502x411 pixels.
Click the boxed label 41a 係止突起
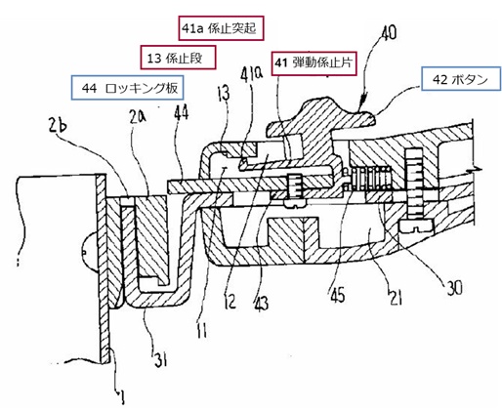(221, 28)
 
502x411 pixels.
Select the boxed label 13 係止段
(178, 58)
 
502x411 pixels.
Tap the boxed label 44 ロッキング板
(127, 88)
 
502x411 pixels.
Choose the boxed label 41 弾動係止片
(314, 63)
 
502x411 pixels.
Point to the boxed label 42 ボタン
(461, 79)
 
